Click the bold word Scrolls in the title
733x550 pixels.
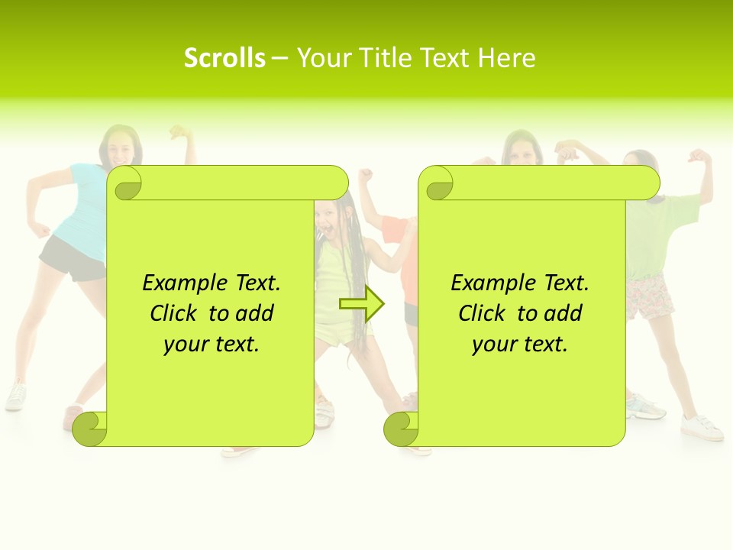pos(224,57)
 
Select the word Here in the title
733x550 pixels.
pos(507,57)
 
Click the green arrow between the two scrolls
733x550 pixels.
pos(362,304)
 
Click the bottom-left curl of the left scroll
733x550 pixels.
pos(90,429)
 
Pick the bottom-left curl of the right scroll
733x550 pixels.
pos(401,429)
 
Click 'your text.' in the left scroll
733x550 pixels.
pos(212,345)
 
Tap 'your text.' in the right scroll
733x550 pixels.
pos(520,345)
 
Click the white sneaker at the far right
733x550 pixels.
pos(702,428)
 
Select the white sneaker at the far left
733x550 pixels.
pos(15,396)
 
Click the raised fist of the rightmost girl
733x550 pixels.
pos(698,157)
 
